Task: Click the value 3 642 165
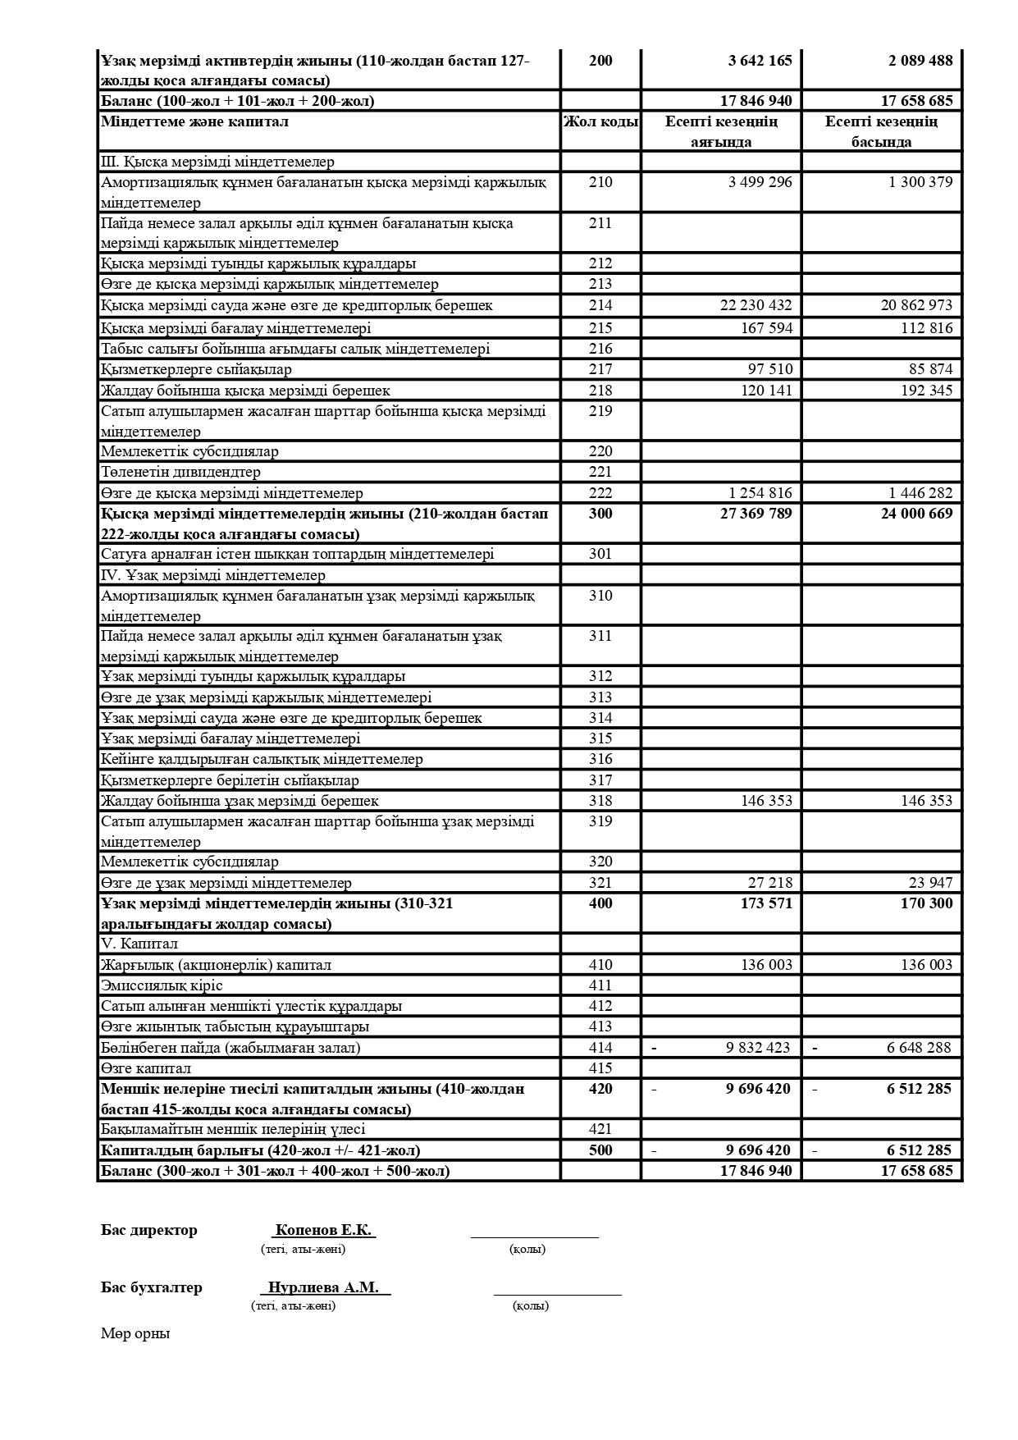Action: [760, 61]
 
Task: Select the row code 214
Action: [600, 305]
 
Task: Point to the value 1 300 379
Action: [920, 182]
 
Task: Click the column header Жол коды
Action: [600, 122]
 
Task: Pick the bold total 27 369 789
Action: [755, 514]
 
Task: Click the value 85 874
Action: [930, 369]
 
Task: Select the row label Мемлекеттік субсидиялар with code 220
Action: [189, 451]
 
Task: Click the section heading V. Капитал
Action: [139, 944]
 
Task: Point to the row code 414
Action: [600, 1048]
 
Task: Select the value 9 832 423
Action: [758, 1048]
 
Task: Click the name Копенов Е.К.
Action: [323, 1230]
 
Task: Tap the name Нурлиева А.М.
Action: [323, 1287]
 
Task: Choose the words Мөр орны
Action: [135, 1333]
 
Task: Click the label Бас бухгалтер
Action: [151, 1287]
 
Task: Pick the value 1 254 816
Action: [760, 493]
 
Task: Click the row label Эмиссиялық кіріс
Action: [162, 985]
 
